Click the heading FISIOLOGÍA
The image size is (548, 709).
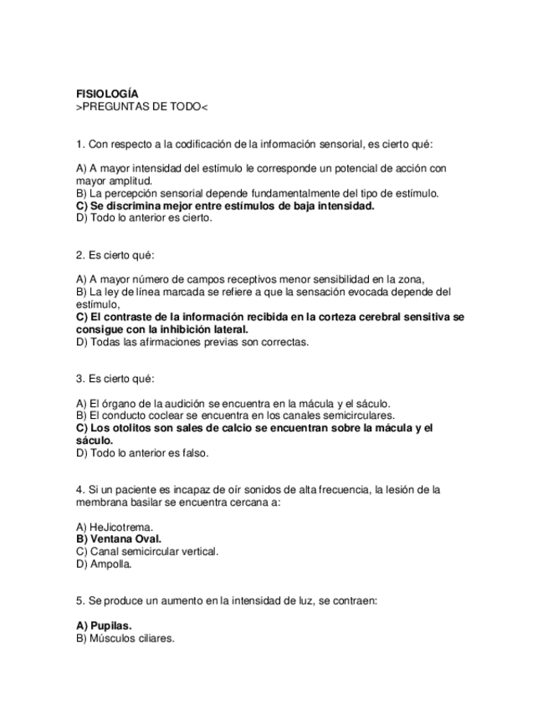pos(107,94)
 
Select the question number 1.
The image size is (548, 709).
pos(79,144)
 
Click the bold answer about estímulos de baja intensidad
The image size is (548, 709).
pos(224,205)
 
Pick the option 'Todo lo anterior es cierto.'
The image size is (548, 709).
pos(144,217)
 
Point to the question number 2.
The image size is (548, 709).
pos(79,254)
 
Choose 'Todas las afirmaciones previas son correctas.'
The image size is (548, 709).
pos(192,341)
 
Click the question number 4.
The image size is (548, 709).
pos(79,489)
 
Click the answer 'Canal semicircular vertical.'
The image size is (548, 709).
pos(146,551)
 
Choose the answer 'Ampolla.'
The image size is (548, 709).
pos(104,564)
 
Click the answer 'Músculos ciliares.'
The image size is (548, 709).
pos(125,638)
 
